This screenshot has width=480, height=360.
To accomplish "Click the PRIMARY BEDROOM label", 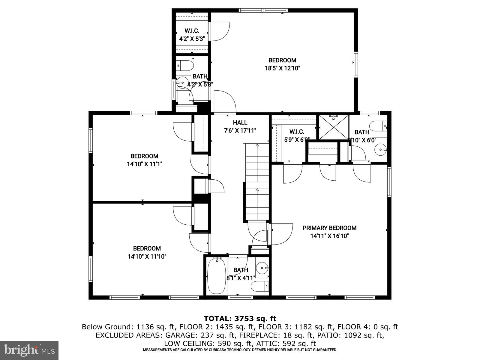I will [329, 228].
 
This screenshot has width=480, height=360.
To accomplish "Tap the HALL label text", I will [240, 122].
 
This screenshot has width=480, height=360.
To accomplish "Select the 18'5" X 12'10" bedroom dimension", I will [282, 68].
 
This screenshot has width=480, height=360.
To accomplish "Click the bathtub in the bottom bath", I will [216, 276].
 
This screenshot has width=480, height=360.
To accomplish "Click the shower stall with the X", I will [334, 127].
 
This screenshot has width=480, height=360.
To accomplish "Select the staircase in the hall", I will [256, 183].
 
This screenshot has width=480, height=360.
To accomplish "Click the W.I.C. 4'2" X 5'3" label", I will [192, 35].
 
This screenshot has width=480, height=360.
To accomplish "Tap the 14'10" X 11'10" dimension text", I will [147, 256].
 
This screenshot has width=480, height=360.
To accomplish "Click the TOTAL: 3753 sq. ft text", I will [240, 318].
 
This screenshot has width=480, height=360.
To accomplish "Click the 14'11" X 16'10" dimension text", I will [329, 236].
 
